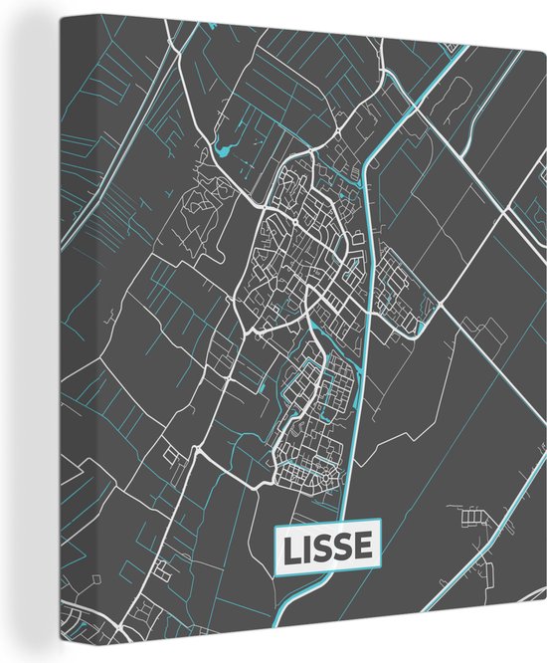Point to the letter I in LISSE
coord(312,547)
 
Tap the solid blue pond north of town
coord(220,152)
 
